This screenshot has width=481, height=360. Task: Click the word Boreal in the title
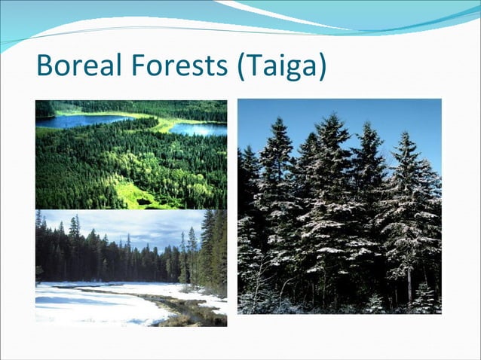pyautogui.click(x=81, y=66)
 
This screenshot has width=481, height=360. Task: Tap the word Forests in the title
pyautogui.click(x=181, y=66)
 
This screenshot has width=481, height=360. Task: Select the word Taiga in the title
pyautogui.click(x=283, y=68)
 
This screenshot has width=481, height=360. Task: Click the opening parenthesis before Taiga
pyautogui.click(x=242, y=67)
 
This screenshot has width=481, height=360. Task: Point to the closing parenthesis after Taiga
pyautogui.click(x=323, y=67)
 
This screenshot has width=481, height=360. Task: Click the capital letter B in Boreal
pyautogui.click(x=44, y=66)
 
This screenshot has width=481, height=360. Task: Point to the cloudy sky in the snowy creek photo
pyautogui.click(x=136, y=226)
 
